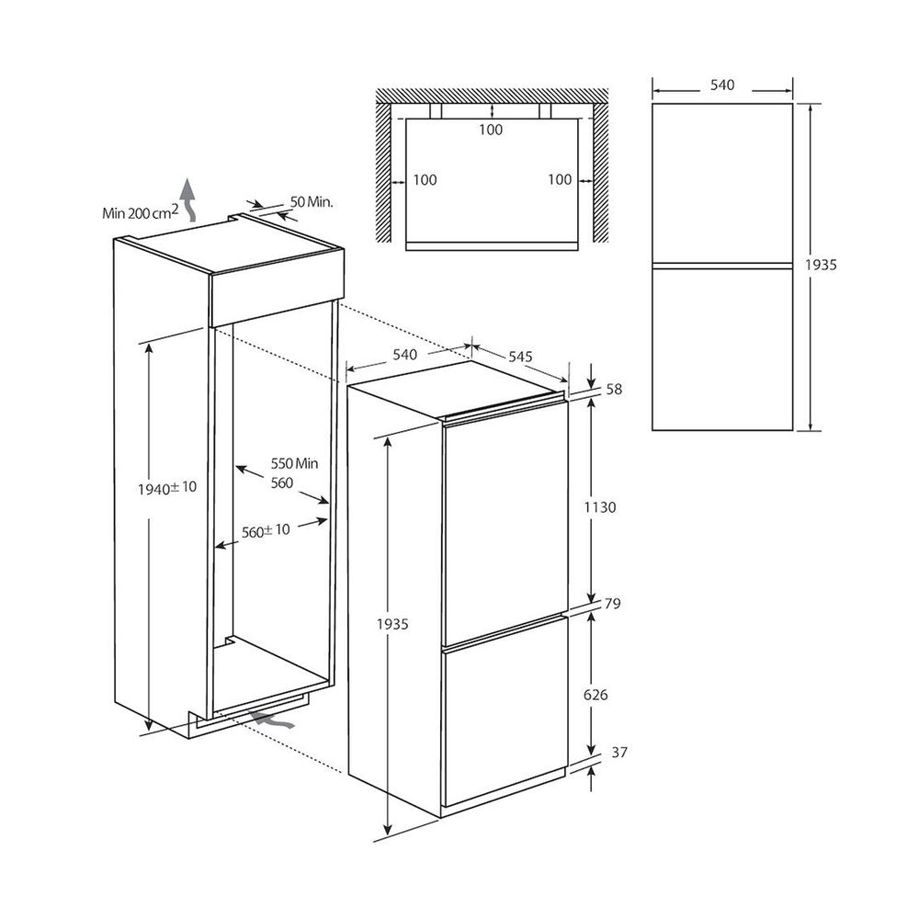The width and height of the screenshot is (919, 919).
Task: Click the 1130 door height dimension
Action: (x=599, y=507)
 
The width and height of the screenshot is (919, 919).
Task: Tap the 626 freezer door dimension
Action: (x=596, y=695)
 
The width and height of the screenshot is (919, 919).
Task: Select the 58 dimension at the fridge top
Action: (x=614, y=389)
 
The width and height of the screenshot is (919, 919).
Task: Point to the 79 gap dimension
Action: (x=612, y=603)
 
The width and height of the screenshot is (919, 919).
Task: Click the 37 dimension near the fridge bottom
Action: (x=619, y=752)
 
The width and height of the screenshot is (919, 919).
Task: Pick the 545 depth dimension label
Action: (x=520, y=357)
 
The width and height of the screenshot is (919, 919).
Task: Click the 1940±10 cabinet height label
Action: (x=167, y=488)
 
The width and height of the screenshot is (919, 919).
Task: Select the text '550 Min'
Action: (x=294, y=463)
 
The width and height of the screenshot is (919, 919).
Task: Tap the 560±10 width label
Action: (x=267, y=531)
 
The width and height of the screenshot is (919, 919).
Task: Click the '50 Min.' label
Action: (x=312, y=201)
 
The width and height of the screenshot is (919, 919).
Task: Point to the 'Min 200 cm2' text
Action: (x=140, y=212)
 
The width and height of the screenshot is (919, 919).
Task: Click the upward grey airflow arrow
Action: (x=188, y=199)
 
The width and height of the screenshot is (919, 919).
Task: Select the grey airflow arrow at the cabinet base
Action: (x=270, y=720)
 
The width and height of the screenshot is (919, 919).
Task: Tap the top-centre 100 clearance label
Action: (x=491, y=130)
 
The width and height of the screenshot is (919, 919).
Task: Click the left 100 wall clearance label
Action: (x=425, y=180)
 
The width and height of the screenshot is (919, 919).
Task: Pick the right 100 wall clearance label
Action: (x=560, y=179)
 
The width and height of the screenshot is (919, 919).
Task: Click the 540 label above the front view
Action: (x=722, y=85)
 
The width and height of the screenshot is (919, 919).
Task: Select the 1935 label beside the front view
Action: (x=821, y=265)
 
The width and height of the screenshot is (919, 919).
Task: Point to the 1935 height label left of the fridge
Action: (x=392, y=624)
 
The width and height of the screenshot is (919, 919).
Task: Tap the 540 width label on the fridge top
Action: (x=405, y=355)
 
